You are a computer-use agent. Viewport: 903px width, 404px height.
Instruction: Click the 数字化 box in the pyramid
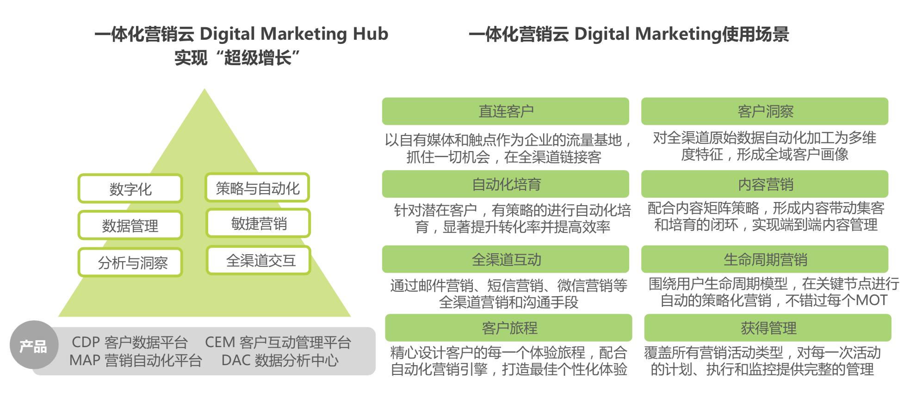(130, 189)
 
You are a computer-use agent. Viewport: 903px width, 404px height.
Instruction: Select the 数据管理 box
(130, 225)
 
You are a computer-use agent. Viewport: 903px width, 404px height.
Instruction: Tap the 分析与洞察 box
(130, 263)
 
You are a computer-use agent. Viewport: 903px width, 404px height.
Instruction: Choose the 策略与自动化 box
(257, 188)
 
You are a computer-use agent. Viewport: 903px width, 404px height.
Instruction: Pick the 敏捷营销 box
(258, 223)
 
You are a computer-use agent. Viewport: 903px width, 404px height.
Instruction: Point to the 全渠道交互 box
(258, 260)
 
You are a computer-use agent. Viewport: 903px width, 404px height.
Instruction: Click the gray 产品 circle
(34, 345)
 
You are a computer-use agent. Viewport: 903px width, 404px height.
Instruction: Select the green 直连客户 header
(506, 111)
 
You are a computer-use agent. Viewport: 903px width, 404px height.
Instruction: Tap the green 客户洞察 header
(765, 111)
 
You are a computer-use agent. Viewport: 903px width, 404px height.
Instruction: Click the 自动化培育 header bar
(506, 184)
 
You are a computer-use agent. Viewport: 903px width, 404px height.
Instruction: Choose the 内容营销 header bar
(765, 184)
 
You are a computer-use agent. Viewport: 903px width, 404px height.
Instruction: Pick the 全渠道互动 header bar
(506, 259)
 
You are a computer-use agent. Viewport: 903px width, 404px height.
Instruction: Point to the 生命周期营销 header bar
(765, 259)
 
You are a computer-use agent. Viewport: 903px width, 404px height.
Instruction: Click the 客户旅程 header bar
(508, 328)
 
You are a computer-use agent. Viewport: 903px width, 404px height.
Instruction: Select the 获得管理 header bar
(767, 328)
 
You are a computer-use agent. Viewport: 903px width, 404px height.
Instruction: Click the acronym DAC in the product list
(235, 361)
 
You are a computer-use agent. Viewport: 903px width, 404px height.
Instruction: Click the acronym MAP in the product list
(85, 361)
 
